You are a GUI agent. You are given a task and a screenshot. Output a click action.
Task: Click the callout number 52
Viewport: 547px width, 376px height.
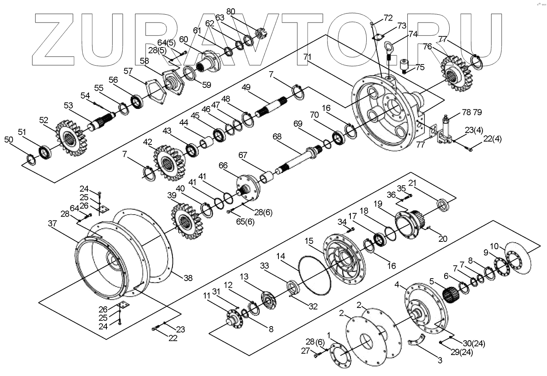[x=44, y=120]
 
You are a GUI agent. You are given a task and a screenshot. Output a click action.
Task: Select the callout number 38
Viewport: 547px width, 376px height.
[x=187, y=278]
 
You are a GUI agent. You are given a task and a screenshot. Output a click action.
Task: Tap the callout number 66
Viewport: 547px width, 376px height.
[x=223, y=165]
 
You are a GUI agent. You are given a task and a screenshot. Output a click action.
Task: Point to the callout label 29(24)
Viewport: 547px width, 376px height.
[x=455, y=351]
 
